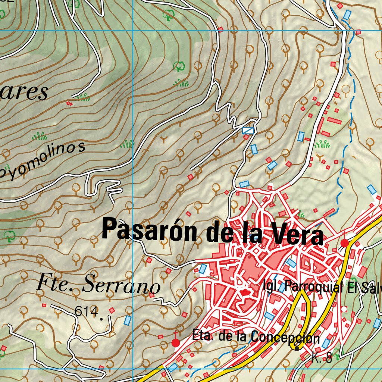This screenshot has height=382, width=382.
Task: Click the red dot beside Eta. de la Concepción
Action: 175,342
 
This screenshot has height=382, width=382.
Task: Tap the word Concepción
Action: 285,338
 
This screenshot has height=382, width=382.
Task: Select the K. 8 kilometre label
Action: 322,359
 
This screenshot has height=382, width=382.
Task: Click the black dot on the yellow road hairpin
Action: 297,348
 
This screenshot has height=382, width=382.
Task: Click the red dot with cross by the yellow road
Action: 345,243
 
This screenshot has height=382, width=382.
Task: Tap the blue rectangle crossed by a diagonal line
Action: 248,130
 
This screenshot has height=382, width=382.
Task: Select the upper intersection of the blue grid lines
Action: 133,31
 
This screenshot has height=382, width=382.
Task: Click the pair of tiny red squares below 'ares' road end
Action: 69,103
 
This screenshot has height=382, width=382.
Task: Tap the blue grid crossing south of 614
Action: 133,369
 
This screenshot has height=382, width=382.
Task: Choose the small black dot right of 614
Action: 111,310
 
